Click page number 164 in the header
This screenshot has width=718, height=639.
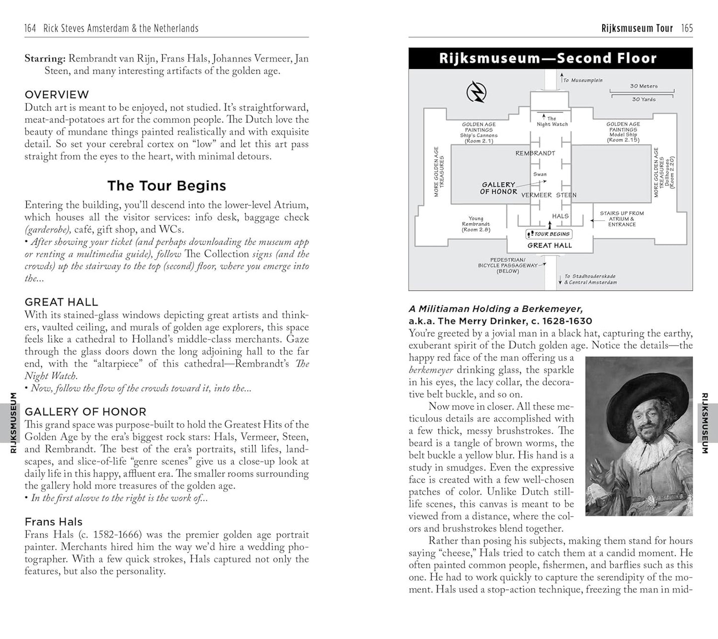click(30, 28)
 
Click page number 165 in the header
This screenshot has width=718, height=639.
click(687, 28)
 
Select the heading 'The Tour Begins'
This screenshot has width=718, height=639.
click(166, 186)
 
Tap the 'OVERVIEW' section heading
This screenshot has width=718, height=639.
click(57, 94)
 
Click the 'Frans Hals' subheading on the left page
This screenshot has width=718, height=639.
click(54, 522)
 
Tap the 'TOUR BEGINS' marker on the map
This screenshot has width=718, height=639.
click(549, 234)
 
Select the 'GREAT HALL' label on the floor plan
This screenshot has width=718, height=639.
click(550, 245)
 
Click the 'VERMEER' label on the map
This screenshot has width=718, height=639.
click(536, 195)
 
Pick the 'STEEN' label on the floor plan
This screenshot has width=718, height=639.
click(566, 195)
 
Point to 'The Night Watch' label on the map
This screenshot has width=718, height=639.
click(552, 121)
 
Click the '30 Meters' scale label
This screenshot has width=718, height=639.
click(643, 86)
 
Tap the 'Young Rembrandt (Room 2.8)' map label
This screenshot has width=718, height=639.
click(476, 224)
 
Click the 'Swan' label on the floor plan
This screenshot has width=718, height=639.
click(540, 174)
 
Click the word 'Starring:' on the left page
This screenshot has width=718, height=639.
click(45, 59)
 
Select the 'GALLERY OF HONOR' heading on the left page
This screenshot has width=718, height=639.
click(85, 412)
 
